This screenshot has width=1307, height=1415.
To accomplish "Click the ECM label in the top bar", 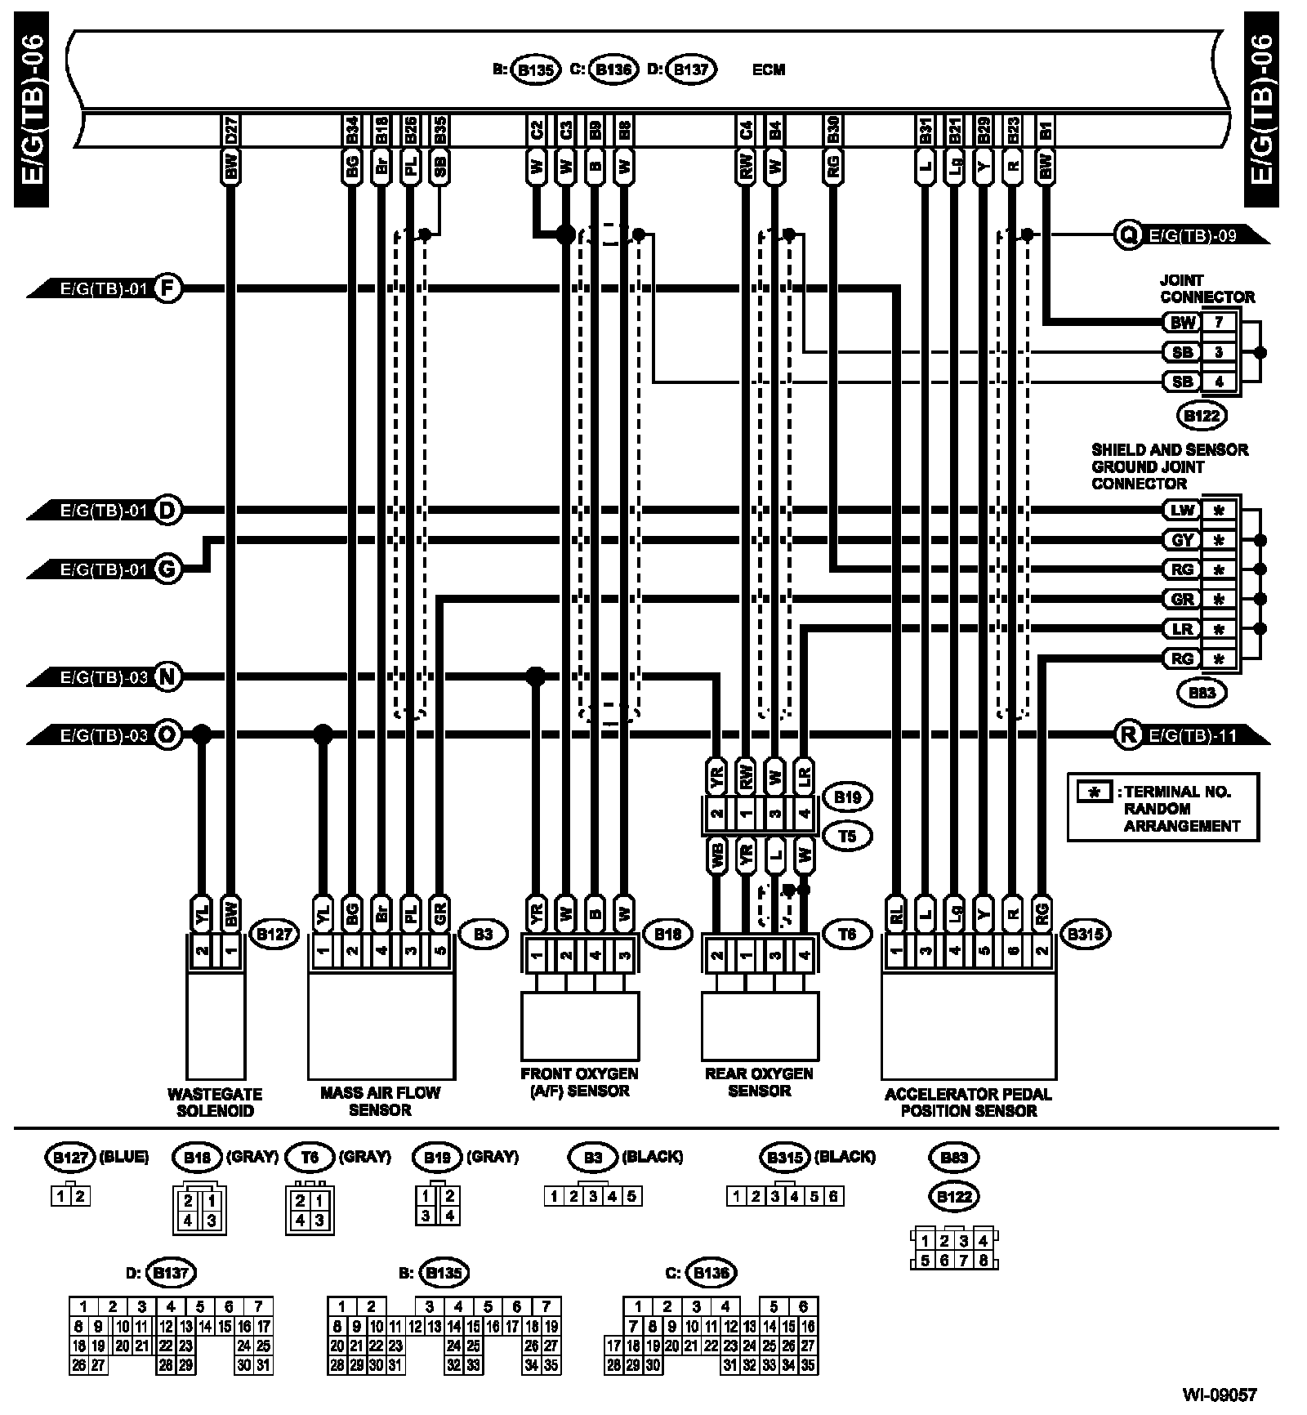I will (x=768, y=69).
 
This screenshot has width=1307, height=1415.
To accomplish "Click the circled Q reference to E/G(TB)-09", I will (x=1127, y=235).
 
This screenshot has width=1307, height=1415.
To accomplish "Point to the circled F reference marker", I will (x=167, y=288).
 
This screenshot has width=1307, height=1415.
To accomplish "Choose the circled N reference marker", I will (x=167, y=676).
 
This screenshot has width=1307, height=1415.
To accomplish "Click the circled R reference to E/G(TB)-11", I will (x=1128, y=735).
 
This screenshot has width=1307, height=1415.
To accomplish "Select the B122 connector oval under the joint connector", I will (x=1202, y=416).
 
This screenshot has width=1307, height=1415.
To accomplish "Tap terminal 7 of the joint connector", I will (x=1219, y=322).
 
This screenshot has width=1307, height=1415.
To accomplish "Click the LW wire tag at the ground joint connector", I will (x=1182, y=511).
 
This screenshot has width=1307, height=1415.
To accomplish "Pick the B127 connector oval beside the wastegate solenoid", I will (x=274, y=934).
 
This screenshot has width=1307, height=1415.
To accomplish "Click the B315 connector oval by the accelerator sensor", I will (x=1085, y=934).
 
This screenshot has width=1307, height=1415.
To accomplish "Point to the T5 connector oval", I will (x=847, y=836).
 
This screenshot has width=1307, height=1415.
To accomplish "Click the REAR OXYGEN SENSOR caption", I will (x=759, y=1082).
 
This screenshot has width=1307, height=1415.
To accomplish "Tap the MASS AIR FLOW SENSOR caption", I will (x=380, y=1101).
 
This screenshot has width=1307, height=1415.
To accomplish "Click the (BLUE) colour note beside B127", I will (x=123, y=1156).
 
